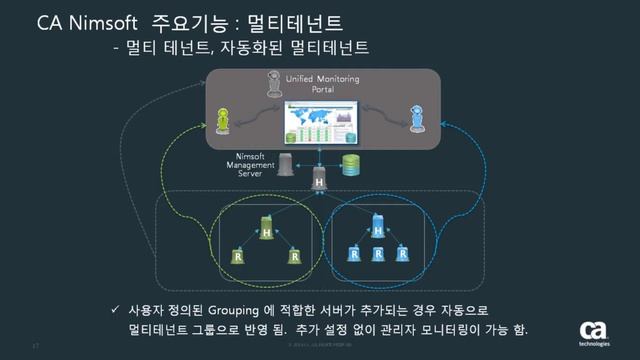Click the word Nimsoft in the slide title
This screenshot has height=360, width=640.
coord(105,21)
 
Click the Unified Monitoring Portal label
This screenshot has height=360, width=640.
coord(323,82)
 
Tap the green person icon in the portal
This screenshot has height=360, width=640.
coord(237,118)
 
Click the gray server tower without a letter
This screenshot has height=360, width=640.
coord(289,162)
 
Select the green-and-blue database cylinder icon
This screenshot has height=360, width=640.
coord(350,163)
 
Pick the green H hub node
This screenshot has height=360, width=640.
coord(267,229)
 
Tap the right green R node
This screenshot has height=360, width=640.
coord(294,255)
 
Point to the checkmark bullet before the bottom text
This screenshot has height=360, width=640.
coord(117,310)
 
